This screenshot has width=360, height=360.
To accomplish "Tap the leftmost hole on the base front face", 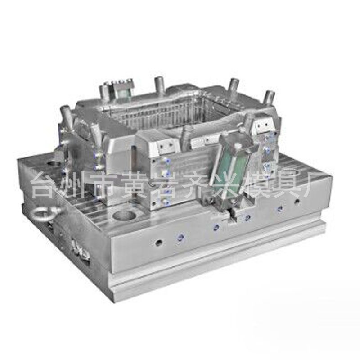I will coord(158,243).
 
